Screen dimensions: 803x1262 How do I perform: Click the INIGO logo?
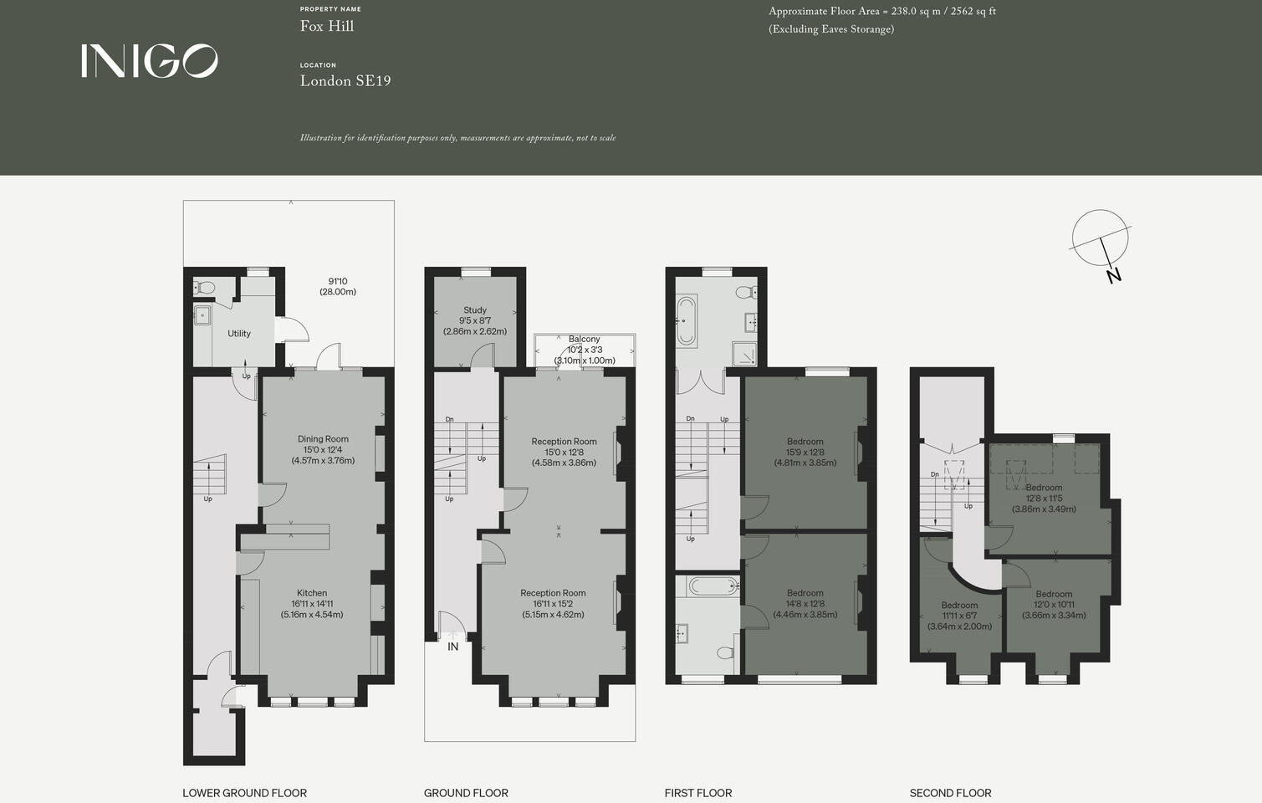149,61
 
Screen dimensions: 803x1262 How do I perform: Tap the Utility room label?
239,334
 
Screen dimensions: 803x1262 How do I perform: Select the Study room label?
475,310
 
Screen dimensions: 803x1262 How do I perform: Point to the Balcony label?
584,340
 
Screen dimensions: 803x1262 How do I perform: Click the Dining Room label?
323,439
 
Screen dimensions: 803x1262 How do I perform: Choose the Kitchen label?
312,593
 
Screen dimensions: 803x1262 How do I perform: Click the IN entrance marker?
452,647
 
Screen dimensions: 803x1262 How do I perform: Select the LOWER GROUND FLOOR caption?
244,793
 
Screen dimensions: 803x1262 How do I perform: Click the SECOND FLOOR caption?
950,793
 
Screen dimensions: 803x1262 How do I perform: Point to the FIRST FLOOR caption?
697,793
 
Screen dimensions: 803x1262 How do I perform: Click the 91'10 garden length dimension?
338,282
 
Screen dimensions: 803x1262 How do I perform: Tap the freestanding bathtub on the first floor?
687,320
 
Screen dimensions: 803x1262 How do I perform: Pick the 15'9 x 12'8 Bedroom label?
805,442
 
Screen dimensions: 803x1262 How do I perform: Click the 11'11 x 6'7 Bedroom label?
959,606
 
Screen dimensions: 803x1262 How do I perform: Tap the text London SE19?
345,81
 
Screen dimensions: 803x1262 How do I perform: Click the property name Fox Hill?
327,26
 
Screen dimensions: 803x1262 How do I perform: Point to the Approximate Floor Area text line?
881,12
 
